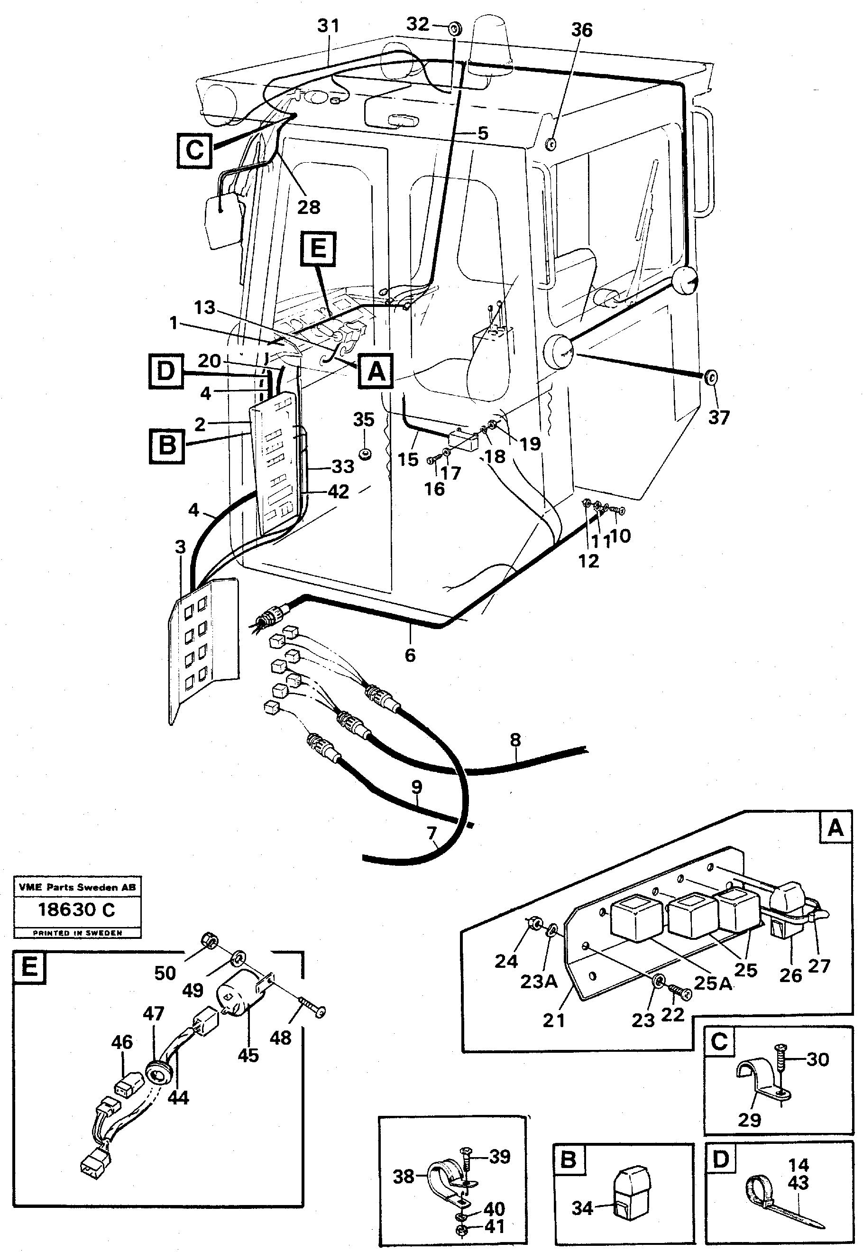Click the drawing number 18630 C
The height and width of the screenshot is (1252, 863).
[x=76, y=909]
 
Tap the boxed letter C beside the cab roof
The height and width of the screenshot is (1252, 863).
[x=194, y=149]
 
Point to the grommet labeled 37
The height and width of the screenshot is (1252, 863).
[x=711, y=377]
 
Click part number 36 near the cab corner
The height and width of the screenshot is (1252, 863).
[x=582, y=30]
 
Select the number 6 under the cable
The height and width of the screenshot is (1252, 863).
[x=410, y=655]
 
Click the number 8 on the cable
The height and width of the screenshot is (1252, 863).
[x=515, y=739]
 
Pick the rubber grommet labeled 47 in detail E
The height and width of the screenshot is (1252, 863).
[x=158, y=1071]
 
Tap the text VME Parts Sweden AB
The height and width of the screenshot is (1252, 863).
[x=77, y=887]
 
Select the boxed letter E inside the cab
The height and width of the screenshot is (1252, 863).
[x=318, y=249]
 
